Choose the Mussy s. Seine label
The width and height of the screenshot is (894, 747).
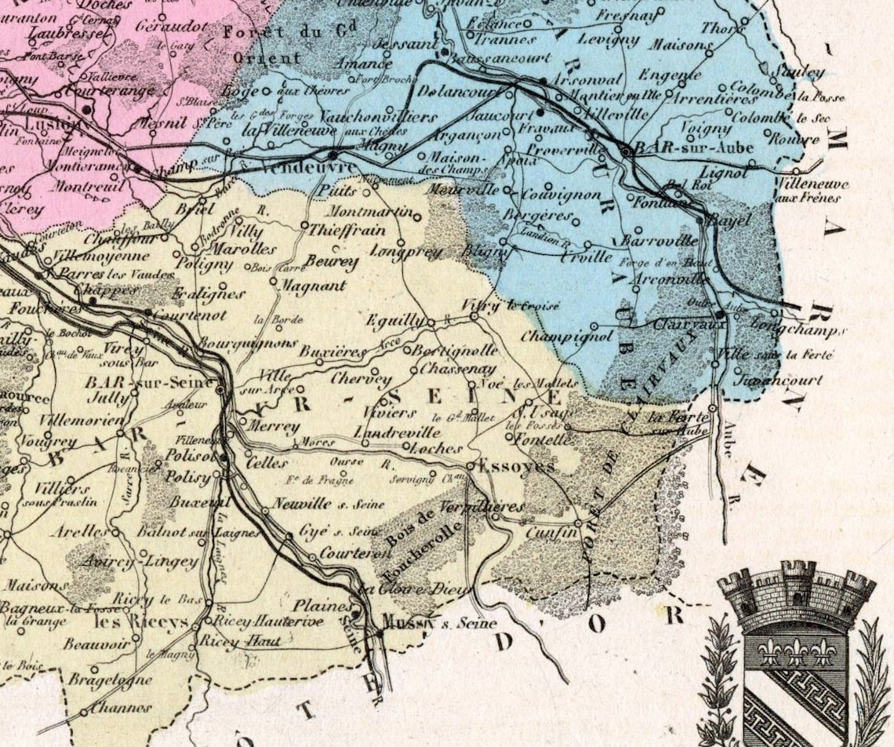point(439,623)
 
